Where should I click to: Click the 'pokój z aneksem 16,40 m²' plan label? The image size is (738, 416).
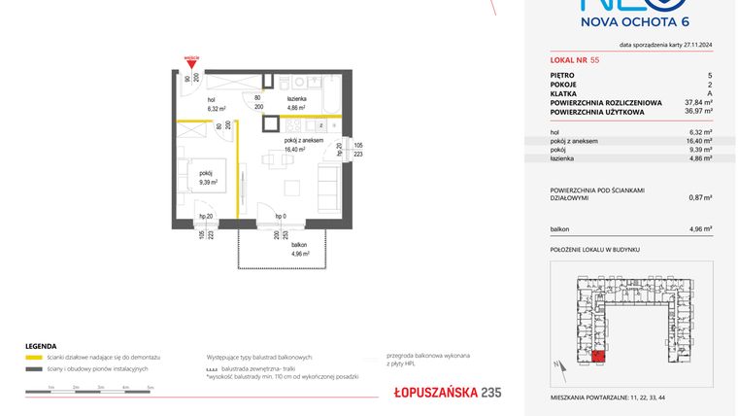coord(304,145)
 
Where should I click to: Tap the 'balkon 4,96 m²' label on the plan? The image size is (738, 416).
coord(299,250)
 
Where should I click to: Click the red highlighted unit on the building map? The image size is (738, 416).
coord(600,357)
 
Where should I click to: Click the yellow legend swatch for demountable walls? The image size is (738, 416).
coord(34,358)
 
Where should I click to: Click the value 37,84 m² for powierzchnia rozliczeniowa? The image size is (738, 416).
coord(699,102)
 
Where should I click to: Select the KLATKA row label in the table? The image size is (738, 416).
coord(563,92)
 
